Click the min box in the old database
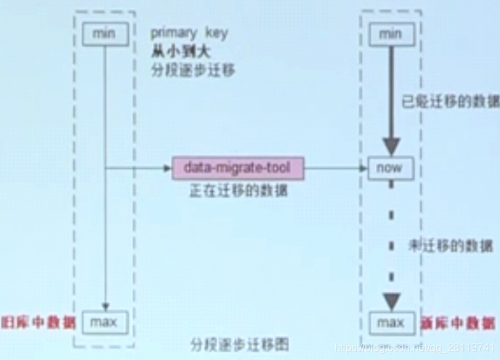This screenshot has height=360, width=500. tap(106, 33)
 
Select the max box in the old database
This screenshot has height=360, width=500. tap(104, 322)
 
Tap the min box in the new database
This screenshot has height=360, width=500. tap(390, 33)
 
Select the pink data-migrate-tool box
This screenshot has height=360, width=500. tap(238, 168)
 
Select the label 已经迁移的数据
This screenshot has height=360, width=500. tap(451, 102)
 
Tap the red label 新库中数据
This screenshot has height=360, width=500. tap(455, 322)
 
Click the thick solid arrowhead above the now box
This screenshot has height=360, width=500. tap(392, 146)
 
